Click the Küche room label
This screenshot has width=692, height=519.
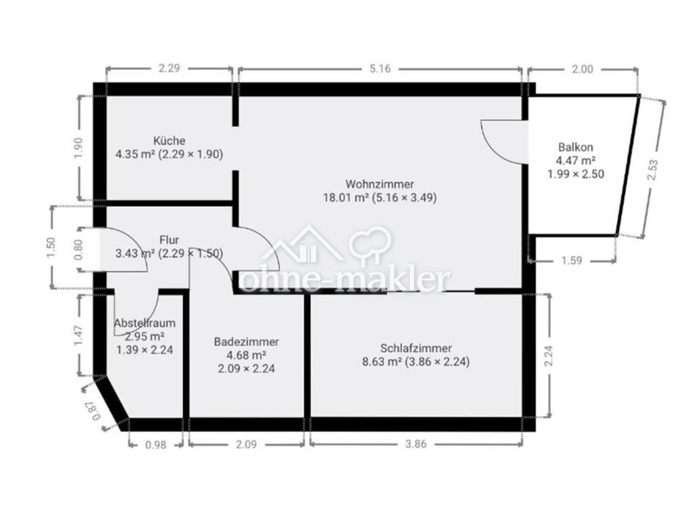[x=169, y=141]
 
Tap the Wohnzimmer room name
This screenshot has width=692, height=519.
[x=380, y=184]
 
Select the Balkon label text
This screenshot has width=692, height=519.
[x=576, y=147]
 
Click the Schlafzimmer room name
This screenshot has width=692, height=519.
[x=416, y=348]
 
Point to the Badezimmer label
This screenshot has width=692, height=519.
[x=246, y=341]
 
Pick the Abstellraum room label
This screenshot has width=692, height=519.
[x=145, y=323]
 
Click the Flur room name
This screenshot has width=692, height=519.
[x=169, y=240]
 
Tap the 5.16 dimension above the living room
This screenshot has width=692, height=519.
[x=380, y=69]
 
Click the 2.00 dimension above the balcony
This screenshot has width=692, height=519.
[x=583, y=69]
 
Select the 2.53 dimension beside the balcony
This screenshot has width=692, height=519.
[x=653, y=170]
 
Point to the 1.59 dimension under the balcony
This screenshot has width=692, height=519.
[x=572, y=260]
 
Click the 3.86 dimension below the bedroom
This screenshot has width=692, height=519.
[x=416, y=443]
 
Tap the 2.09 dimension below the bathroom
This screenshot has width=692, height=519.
[x=246, y=443]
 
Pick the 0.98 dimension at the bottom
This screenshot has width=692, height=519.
[x=156, y=445]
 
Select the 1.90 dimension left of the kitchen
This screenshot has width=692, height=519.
[x=78, y=149]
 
